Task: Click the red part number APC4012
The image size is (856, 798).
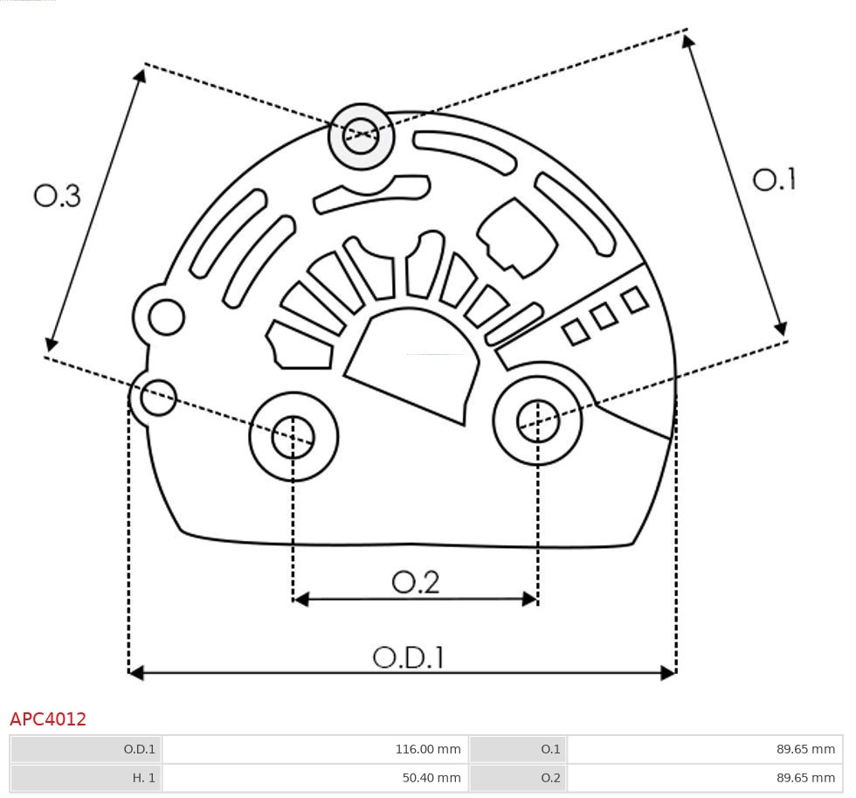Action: [48, 719]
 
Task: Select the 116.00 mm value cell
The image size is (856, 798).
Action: [314, 749]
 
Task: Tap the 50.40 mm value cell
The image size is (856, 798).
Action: [314, 777]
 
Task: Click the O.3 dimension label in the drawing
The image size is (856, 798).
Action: [58, 196]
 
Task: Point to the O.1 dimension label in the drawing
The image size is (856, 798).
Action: [775, 180]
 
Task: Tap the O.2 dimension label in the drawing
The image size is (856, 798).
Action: [415, 582]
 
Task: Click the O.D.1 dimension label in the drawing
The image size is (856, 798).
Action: [408, 657]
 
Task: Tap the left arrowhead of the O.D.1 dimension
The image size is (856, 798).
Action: [135, 672]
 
